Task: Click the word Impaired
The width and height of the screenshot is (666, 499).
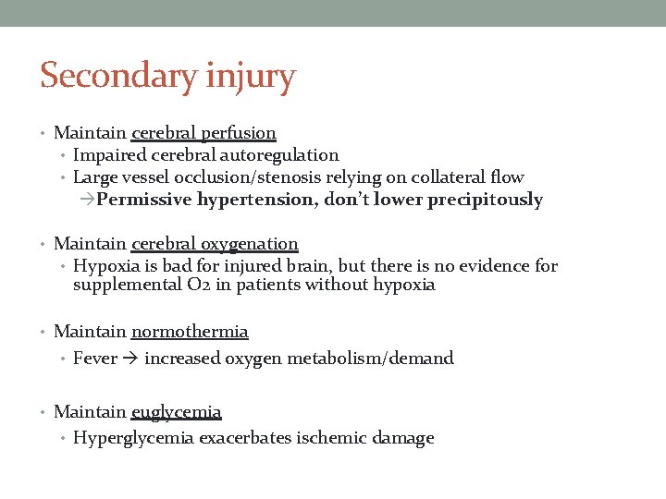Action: tap(110, 155)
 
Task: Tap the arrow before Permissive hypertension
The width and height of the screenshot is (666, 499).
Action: tap(87, 200)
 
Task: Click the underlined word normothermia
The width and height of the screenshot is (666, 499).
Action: tap(190, 332)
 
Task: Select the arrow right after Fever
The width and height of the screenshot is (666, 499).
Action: tap(131, 359)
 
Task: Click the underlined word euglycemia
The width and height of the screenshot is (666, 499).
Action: tap(176, 412)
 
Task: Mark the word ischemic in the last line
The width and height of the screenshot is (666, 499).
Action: tap(332, 438)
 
